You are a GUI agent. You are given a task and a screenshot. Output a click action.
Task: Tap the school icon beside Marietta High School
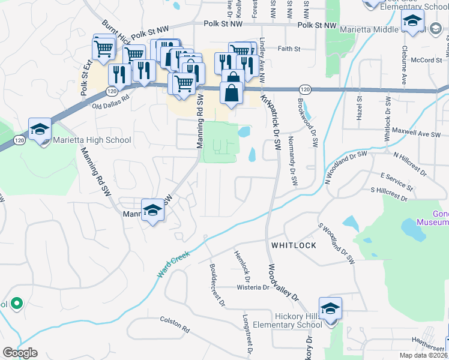pos(40,130)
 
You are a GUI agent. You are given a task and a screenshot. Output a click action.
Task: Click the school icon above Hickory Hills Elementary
pos(330,310)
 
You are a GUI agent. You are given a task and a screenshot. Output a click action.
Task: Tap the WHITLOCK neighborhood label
pos(293,246)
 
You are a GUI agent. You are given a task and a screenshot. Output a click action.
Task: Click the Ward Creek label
pos(173,263)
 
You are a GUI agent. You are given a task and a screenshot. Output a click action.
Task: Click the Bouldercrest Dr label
pos(217,285)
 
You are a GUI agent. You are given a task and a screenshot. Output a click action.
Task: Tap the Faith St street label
pos(288,49)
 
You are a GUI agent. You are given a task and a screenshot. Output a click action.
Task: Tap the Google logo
pos(20,353)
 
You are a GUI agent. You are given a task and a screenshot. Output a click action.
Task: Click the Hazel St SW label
pos(359,108)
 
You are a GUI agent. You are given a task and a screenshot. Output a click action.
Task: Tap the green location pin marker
pos(16,304)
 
